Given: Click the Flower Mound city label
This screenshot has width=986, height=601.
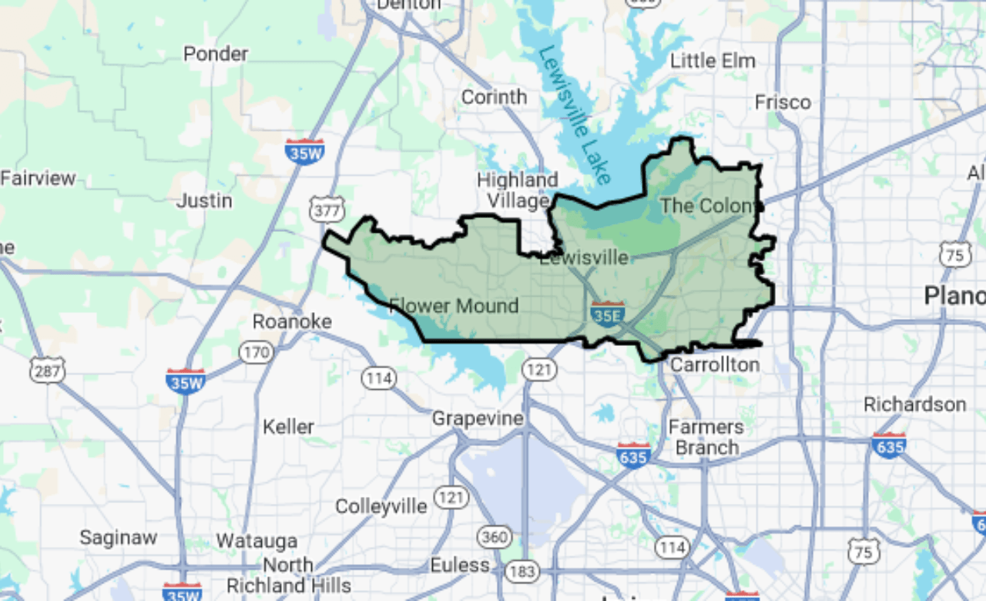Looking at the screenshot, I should (x=454, y=306).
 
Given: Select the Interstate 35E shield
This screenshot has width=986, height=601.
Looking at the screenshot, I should (x=607, y=314).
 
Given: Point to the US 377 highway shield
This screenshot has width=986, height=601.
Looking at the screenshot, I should (x=327, y=208).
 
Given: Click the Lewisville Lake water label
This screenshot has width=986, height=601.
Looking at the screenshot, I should (x=575, y=116).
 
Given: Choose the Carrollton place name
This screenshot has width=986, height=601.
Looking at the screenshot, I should (x=714, y=364).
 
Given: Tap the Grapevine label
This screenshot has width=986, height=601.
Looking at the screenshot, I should (x=478, y=418).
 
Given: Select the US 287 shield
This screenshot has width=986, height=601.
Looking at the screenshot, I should (x=47, y=371).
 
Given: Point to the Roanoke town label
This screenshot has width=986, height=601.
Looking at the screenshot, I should (x=292, y=321).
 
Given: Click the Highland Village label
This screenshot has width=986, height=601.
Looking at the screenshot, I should (x=517, y=190).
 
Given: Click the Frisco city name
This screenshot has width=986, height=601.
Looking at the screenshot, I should (x=783, y=102).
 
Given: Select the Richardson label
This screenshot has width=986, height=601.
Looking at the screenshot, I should (x=914, y=405).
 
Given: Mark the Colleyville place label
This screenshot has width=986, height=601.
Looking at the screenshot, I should (x=381, y=506).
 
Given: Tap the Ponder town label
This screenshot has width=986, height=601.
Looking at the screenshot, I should (x=216, y=54).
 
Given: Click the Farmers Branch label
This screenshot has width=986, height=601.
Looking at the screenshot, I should (x=706, y=437).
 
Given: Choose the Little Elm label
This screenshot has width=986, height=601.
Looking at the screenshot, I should (x=713, y=61).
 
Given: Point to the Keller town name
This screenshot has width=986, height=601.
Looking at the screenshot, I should (x=288, y=426).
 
